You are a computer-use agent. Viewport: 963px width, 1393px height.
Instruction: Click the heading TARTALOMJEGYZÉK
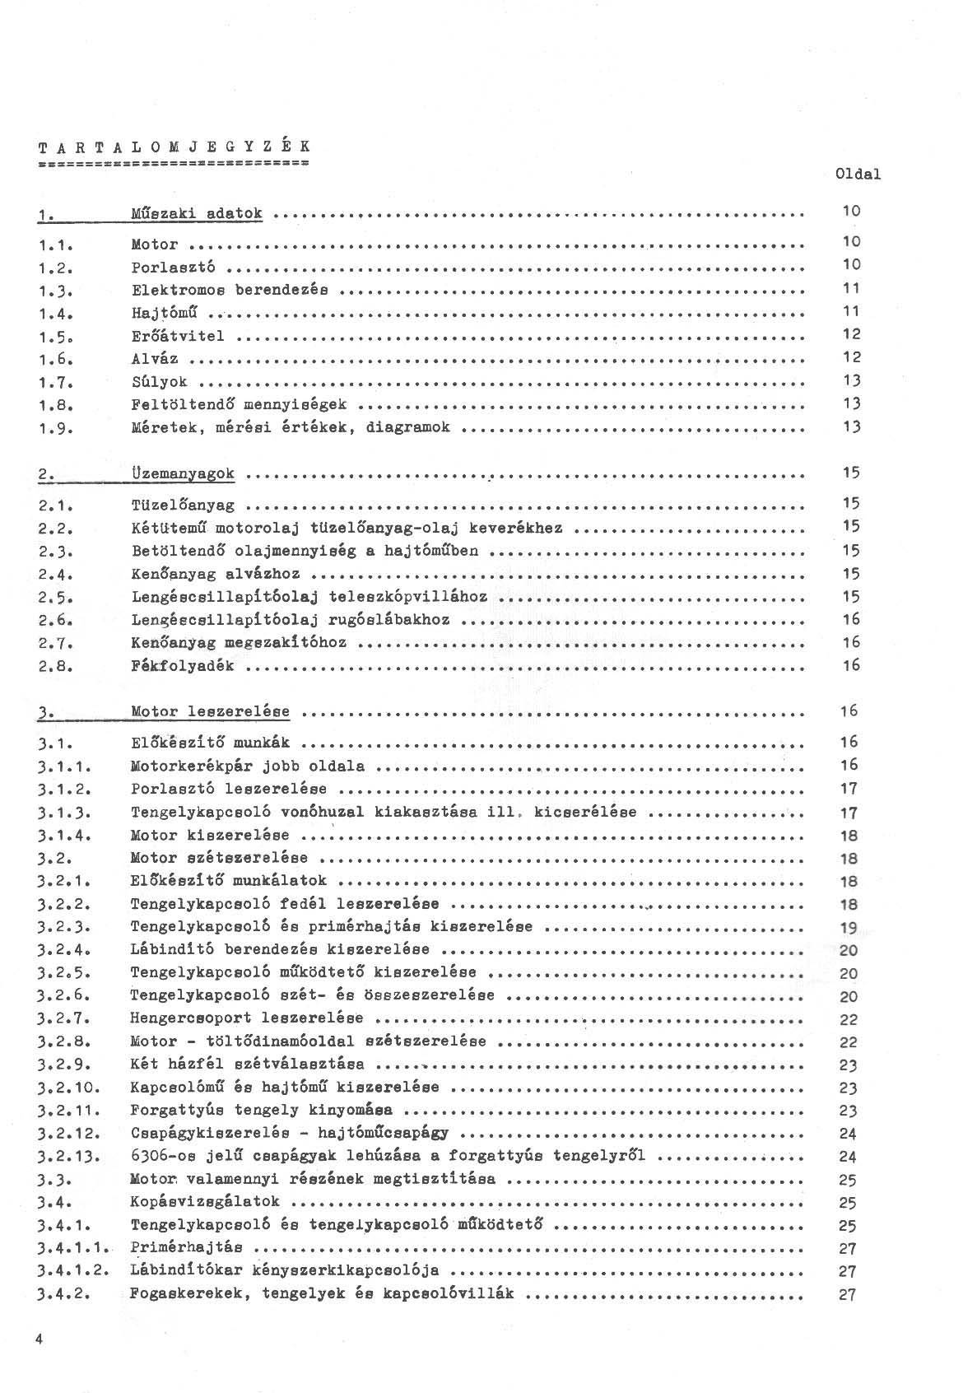[x=174, y=147]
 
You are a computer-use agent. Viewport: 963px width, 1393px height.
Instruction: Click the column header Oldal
[x=857, y=174]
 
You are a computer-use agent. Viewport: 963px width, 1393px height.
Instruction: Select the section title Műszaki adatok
[x=197, y=214]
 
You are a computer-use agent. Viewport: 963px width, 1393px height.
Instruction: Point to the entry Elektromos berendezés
[x=230, y=290]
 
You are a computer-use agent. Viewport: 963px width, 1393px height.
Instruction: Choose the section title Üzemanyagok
[x=183, y=474]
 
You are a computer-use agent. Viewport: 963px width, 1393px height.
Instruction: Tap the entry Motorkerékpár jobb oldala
[x=248, y=766]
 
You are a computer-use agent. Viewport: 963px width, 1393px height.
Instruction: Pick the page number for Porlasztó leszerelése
[x=849, y=788]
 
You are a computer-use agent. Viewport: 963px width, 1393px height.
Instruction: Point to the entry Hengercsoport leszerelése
[x=247, y=1018]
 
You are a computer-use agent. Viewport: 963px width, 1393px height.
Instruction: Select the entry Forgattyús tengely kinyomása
[x=261, y=1110]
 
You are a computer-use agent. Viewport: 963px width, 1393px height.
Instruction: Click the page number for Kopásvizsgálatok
[x=849, y=1203]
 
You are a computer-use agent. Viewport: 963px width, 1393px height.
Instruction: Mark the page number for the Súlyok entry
[x=851, y=380]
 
